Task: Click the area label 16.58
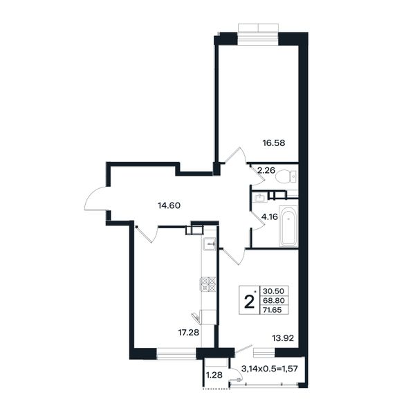[x=274, y=143]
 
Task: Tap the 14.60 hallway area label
[x=169, y=205]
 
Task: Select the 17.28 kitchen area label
[x=188, y=332]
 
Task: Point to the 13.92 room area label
[x=283, y=338]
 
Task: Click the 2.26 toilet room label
[x=266, y=170]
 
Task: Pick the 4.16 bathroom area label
[x=270, y=217]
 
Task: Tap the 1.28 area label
[x=214, y=375]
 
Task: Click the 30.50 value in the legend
[x=273, y=291]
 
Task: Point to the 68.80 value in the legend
[x=274, y=300]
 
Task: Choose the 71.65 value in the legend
[x=273, y=310]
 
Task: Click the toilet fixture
[x=286, y=176]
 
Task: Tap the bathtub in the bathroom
[x=288, y=225]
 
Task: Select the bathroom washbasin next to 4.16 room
[x=259, y=197]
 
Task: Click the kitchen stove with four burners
[x=207, y=284]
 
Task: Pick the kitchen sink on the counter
[x=210, y=243]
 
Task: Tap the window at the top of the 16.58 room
[x=258, y=34]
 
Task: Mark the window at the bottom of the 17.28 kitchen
[x=176, y=353]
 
